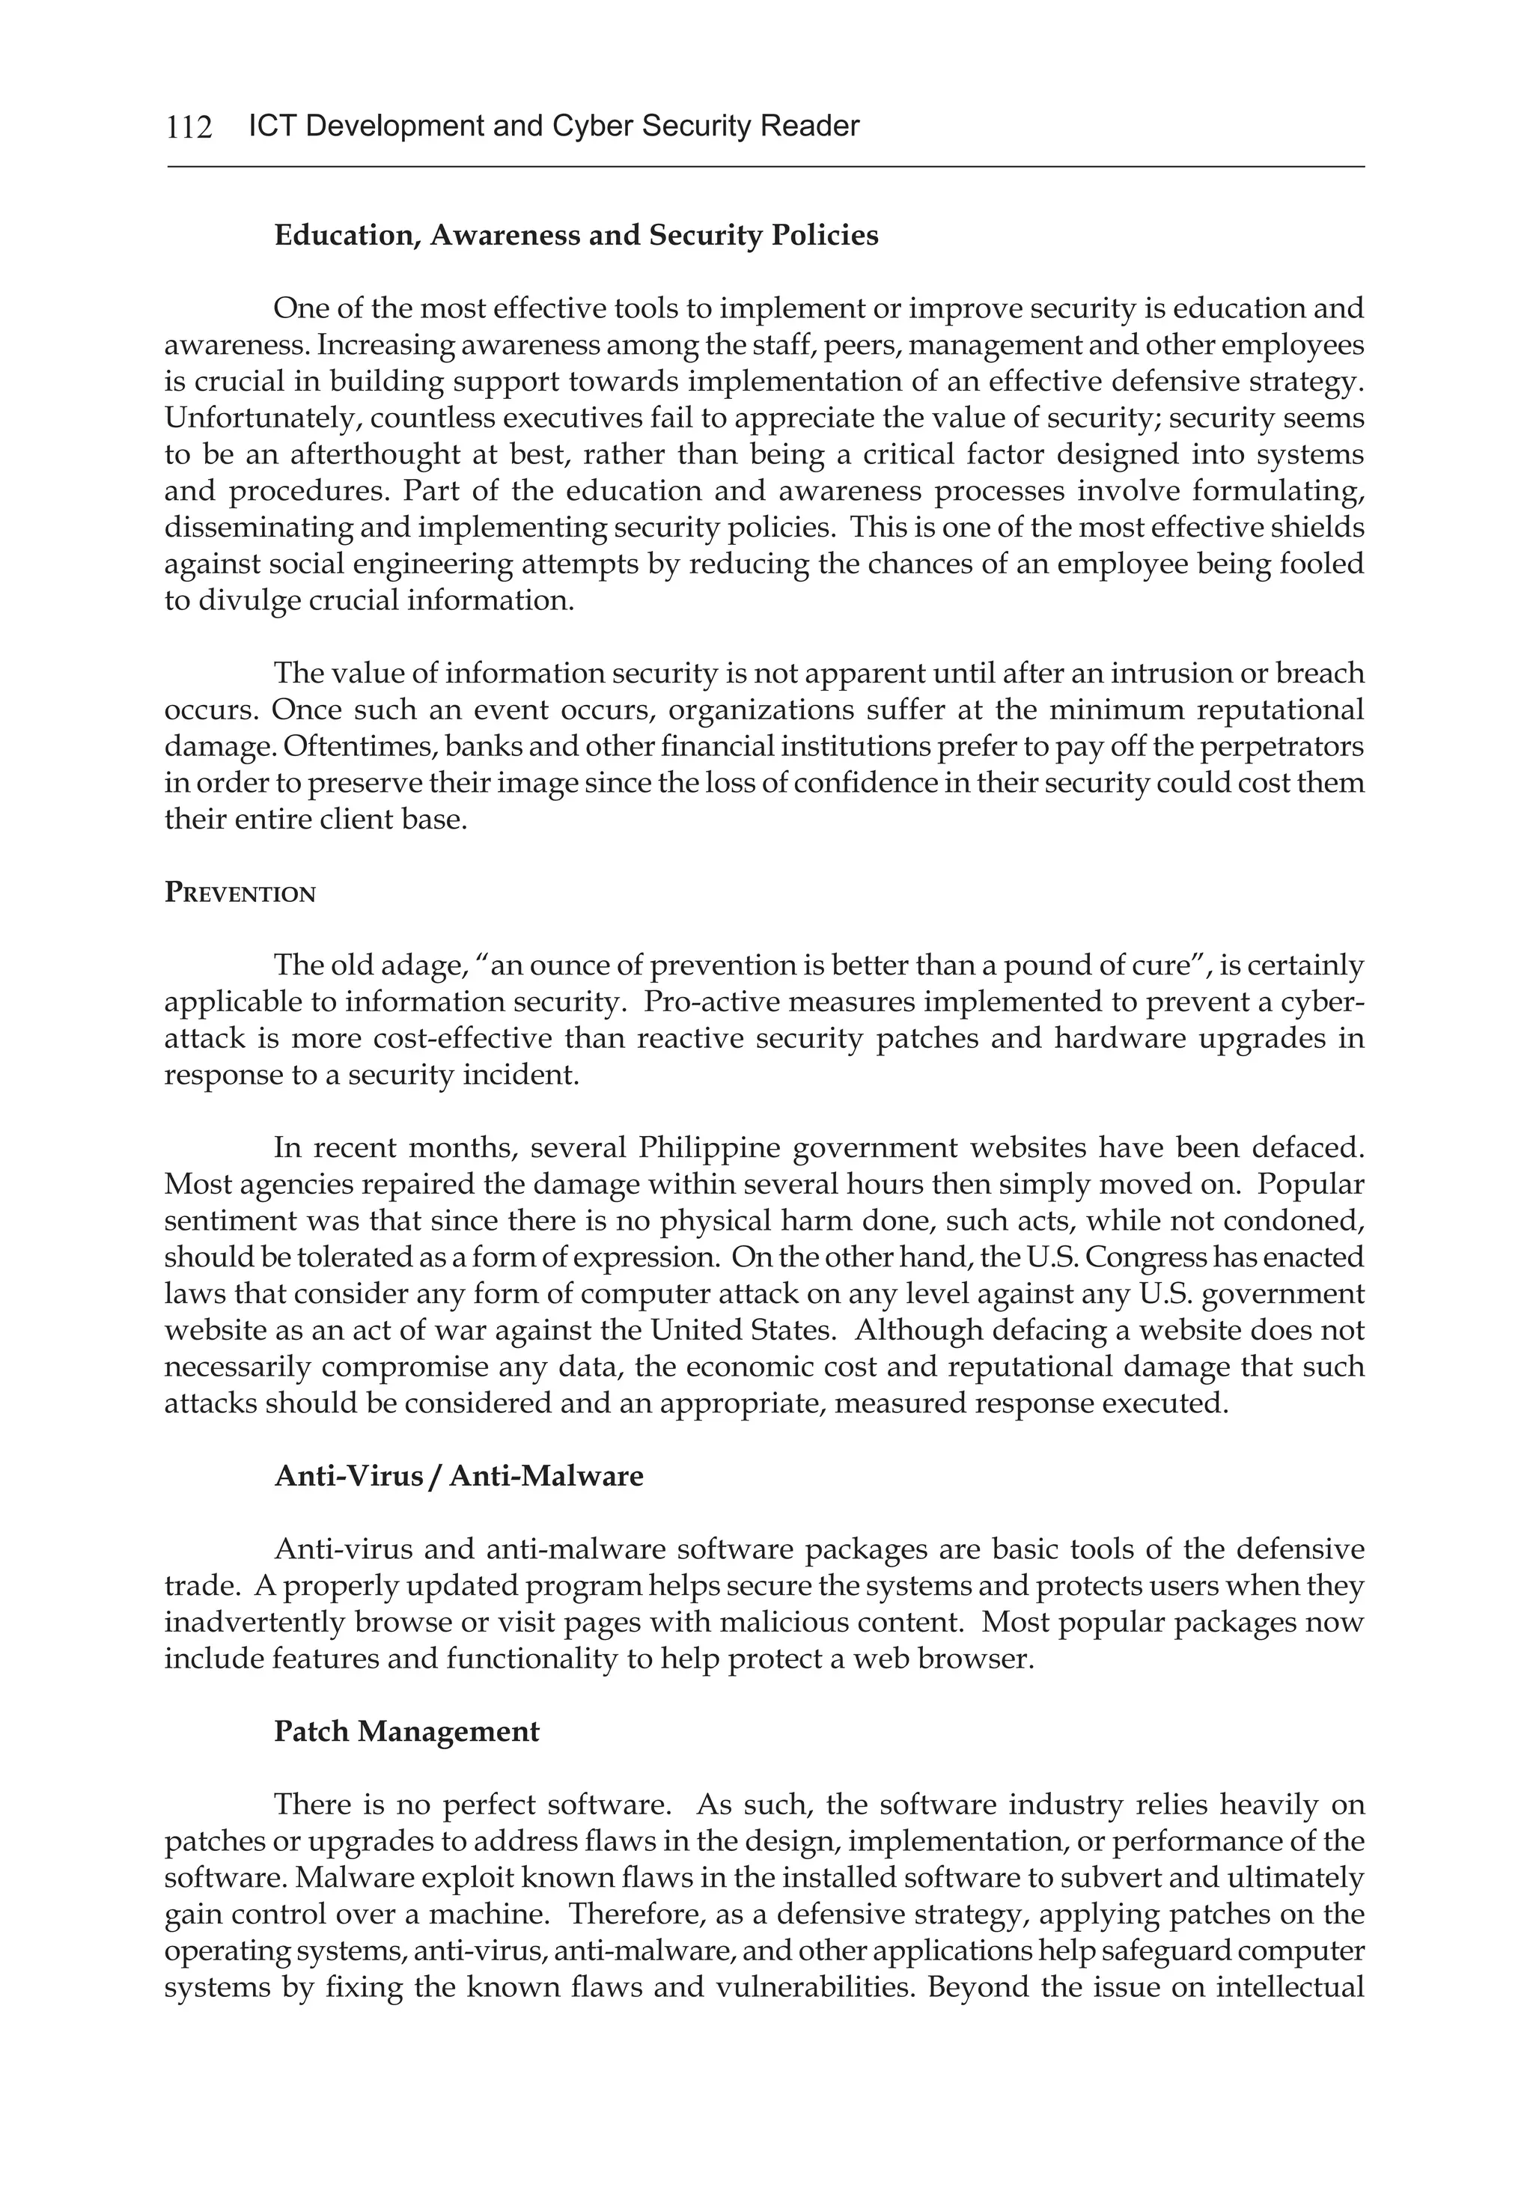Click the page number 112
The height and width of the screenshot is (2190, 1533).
[x=189, y=126]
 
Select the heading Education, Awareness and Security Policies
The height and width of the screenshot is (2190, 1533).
[x=576, y=236]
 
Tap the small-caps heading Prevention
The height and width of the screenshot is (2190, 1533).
[x=240, y=894]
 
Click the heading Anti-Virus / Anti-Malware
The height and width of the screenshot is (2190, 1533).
[x=459, y=1477]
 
